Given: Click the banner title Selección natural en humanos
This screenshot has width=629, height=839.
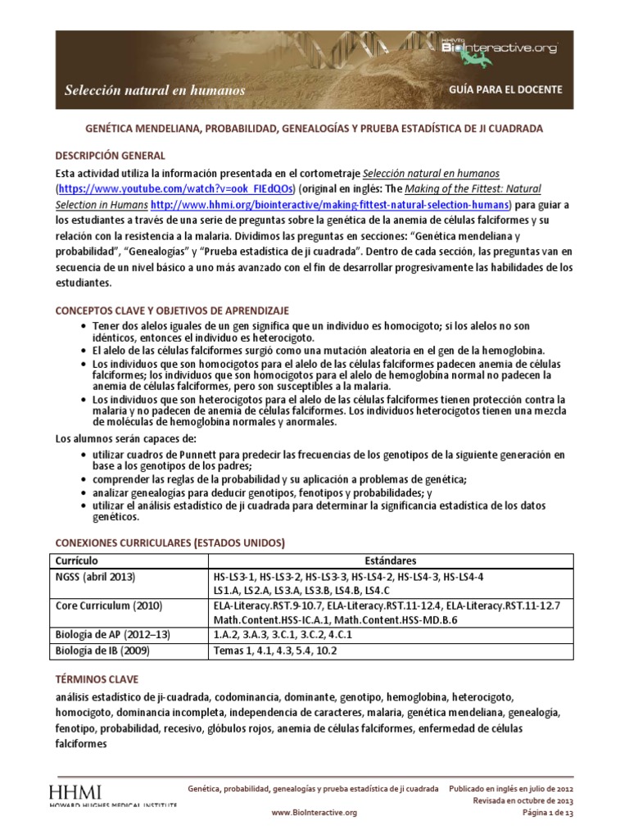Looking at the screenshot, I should click(x=155, y=90).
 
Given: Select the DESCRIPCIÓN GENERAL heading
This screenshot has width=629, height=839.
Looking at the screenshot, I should click(x=110, y=156).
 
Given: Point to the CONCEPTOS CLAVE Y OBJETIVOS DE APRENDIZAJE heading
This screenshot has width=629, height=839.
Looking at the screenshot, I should click(x=172, y=311).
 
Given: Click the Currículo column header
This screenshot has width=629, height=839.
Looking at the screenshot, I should click(x=76, y=560).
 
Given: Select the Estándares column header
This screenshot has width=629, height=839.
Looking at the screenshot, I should click(x=391, y=560).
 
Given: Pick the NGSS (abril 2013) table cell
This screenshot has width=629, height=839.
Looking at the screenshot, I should click(x=95, y=577).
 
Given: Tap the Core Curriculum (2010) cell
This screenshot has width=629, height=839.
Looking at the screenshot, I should click(x=106, y=605).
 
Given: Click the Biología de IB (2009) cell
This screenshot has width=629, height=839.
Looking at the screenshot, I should click(x=102, y=651).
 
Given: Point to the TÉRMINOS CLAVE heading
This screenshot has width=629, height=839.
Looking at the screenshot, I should click(x=97, y=680).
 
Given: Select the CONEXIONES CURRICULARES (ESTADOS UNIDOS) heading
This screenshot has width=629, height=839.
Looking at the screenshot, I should click(x=170, y=542).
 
